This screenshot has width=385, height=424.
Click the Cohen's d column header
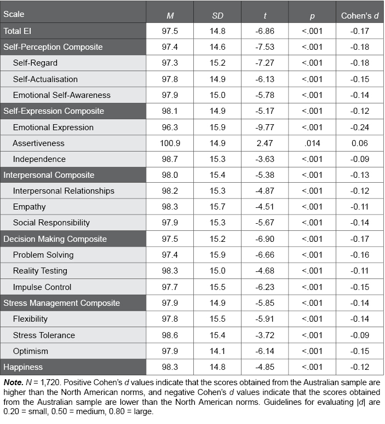point(358,14)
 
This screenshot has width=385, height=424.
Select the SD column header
point(217,14)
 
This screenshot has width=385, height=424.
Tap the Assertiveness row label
point(38,143)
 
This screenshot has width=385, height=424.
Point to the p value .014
point(312,143)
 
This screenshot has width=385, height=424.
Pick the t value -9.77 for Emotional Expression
point(265,127)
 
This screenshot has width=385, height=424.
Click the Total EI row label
point(18,31)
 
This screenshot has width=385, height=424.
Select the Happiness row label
point(24,367)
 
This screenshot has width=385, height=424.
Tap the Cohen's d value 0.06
point(358,143)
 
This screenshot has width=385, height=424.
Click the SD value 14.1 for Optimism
point(217,351)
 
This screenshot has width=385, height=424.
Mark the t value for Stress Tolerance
point(265,335)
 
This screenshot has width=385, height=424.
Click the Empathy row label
point(30,207)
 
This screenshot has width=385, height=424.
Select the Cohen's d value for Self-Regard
point(358,63)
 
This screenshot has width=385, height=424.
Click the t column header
point(265,14)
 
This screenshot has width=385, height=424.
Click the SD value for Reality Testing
point(217,271)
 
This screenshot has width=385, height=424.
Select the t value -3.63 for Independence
point(265,159)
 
